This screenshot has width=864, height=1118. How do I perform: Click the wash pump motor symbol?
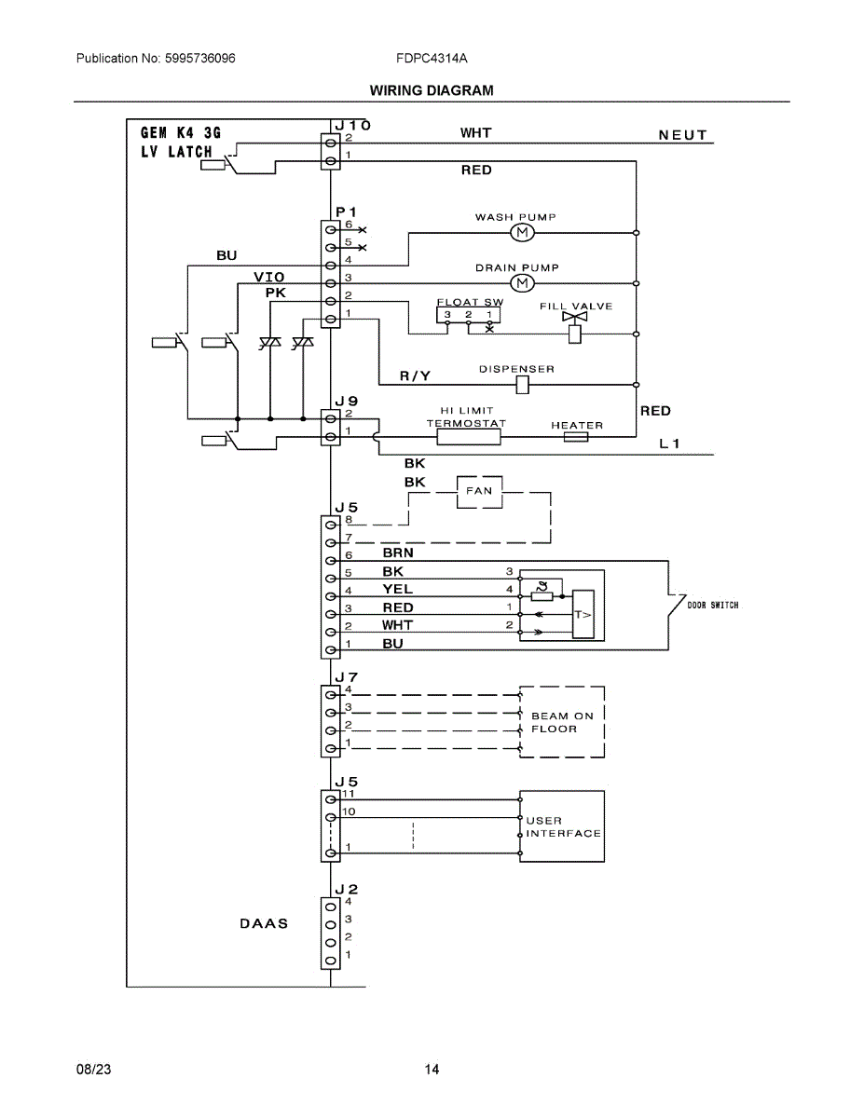522,233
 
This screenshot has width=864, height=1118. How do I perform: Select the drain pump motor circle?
522,283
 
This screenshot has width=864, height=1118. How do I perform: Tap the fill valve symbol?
574,327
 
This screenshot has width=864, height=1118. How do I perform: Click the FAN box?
479,491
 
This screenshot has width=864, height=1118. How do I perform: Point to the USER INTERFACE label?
564,826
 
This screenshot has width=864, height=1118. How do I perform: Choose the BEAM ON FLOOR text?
562,722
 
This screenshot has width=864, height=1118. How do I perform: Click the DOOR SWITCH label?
713,605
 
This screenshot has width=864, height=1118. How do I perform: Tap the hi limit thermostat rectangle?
468,437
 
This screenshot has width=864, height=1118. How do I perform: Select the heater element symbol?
576,437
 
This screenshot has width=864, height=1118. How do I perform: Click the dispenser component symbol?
522,385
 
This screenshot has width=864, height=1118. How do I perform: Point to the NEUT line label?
682,135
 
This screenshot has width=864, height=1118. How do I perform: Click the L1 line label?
669,443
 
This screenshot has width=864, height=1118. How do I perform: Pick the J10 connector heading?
352,125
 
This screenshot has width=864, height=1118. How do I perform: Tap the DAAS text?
264,923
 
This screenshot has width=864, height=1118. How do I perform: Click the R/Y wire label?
415,376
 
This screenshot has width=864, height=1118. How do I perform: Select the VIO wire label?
269,277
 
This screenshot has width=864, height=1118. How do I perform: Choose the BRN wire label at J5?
398,552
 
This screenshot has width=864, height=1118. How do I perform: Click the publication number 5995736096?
199,58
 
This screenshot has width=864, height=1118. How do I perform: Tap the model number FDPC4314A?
432,58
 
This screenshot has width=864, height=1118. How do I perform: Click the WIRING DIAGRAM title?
432,90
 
